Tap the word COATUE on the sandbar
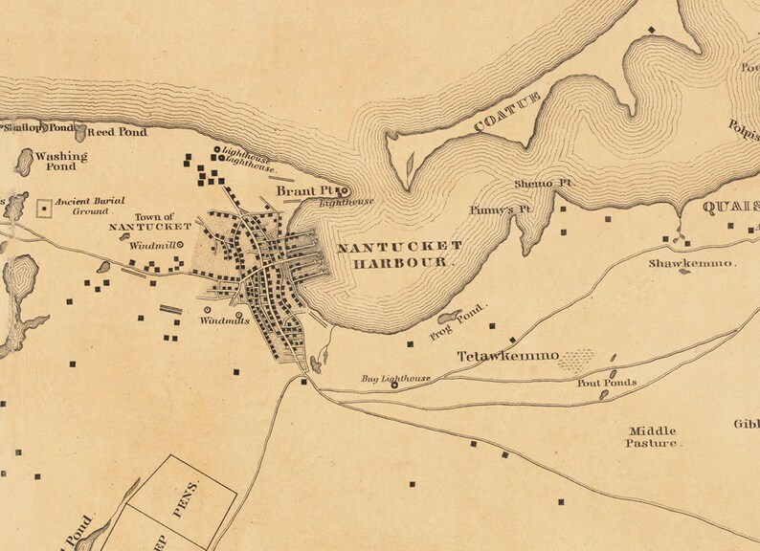[507, 112]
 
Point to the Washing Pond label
[60, 160]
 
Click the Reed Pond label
[119, 132]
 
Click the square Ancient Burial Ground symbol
[44, 207]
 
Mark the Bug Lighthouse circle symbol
[368, 386]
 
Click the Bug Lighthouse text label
[395, 379]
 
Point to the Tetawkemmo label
[507, 356]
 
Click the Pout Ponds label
[606, 383]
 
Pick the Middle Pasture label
[654, 437]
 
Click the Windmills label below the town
[224, 320]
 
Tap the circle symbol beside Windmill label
[179, 245]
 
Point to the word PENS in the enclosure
[190, 496]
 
